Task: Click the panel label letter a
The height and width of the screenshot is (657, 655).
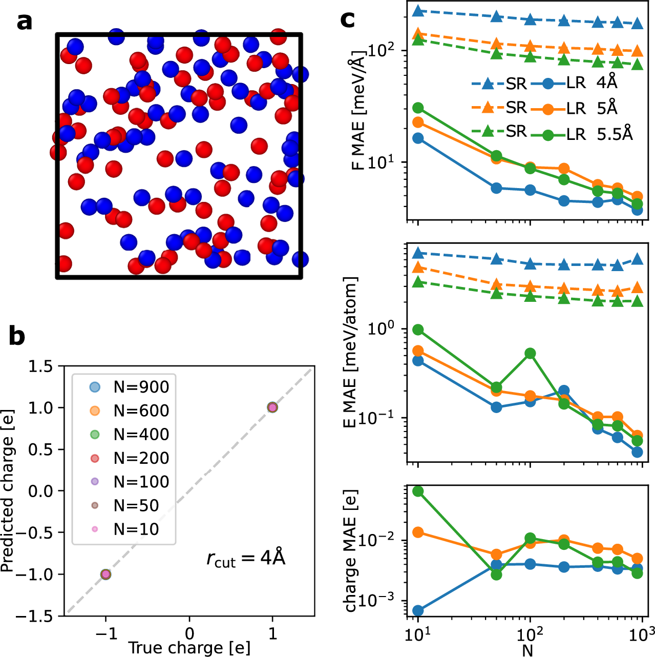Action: point(24,23)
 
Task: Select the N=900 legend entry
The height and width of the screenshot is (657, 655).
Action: point(141,387)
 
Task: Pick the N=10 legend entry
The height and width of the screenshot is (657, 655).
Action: point(136,529)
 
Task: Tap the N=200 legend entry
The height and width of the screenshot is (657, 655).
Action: point(141,458)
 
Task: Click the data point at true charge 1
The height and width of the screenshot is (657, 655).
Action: point(272,407)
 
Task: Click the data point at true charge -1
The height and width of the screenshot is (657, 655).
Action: point(105,574)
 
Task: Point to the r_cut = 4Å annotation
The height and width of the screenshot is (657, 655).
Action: point(246,558)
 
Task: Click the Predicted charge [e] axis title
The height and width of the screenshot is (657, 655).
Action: point(7,490)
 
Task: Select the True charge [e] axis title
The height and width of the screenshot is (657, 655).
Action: point(189,648)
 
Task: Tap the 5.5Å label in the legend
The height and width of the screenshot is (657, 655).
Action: point(615,134)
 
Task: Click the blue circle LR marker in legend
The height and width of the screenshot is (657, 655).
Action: point(547,83)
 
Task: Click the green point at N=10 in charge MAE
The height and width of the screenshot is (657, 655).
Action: point(418,491)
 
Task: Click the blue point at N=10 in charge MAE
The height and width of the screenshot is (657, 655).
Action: point(418,610)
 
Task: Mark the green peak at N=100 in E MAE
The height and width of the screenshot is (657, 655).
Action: point(530,354)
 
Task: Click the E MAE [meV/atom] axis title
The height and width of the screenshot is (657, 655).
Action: point(350,353)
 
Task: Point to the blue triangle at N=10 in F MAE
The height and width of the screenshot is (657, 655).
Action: point(418,11)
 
